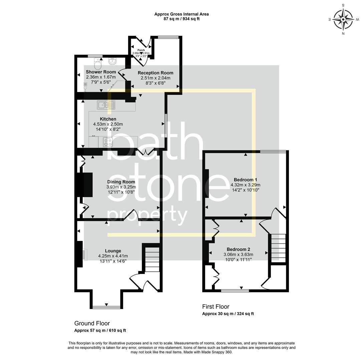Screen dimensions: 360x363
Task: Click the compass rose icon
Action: point(343,19)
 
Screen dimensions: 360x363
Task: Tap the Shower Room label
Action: point(101,72)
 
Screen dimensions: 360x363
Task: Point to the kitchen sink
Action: point(106,105)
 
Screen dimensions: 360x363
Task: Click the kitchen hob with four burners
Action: point(108,142)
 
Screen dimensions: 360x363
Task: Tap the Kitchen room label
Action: point(108,119)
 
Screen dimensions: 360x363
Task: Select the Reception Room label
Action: point(155,73)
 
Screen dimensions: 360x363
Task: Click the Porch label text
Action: point(141,50)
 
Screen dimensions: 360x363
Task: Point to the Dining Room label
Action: point(121,182)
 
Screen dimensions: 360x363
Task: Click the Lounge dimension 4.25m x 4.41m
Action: point(113,256)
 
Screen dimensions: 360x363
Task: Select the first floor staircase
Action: point(278,248)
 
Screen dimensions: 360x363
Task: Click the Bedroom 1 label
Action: point(245,180)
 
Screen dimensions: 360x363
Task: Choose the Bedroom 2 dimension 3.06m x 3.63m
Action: point(238,254)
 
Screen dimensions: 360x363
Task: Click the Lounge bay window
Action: point(106,307)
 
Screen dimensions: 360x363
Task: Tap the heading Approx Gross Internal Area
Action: point(181,14)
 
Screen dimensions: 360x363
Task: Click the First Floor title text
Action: point(216,307)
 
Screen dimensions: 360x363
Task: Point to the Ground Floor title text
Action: point(92,323)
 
